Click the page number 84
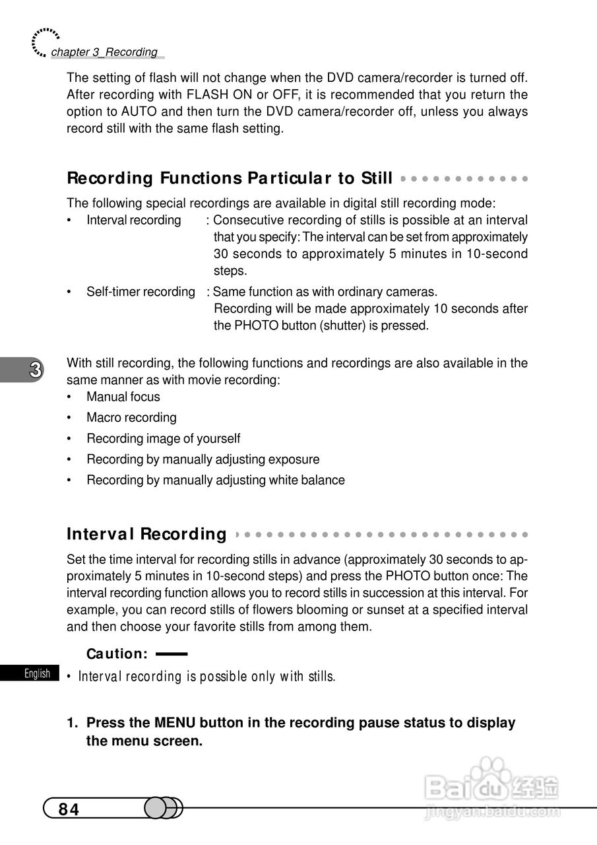pos(69,809)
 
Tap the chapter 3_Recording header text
pos(104,52)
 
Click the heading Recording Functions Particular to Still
pos(230,178)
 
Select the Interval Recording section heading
pos(146,533)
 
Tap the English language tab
pos(37,673)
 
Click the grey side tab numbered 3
pos(26,370)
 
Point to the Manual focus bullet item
pos(123,397)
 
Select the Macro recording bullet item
pos(131,417)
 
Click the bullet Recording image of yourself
pos(163,438)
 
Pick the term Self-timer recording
pos(141,292)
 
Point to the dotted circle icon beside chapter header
pos(44,42)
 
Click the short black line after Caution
pos(172,654)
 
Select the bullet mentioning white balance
pos(215,480)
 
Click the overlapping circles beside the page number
pos(162,808)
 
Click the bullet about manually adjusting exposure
pos(203,459)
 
